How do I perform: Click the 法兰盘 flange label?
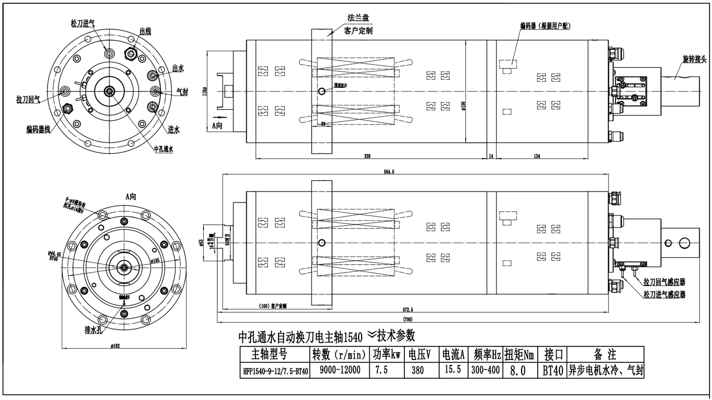pos(358,18)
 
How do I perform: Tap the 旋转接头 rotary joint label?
pos(694,59)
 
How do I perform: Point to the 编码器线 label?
pos(38,129)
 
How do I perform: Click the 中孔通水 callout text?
pos(164,149)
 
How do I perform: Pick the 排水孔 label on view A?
pos(94,330)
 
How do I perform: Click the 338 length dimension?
pos(367,156)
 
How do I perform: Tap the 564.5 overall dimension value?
pos(389,172)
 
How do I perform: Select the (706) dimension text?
pos(407,319)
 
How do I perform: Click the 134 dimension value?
pos(537,156)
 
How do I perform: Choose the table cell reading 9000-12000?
pos(340,370)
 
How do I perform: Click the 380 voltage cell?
pos(417,370)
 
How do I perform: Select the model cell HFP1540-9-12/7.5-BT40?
pos(275,371)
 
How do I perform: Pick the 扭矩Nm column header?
pos(519,354)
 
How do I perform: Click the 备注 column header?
pos(605,354)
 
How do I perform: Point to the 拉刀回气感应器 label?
pos(664,282)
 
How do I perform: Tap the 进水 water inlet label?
pos(174,130)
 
